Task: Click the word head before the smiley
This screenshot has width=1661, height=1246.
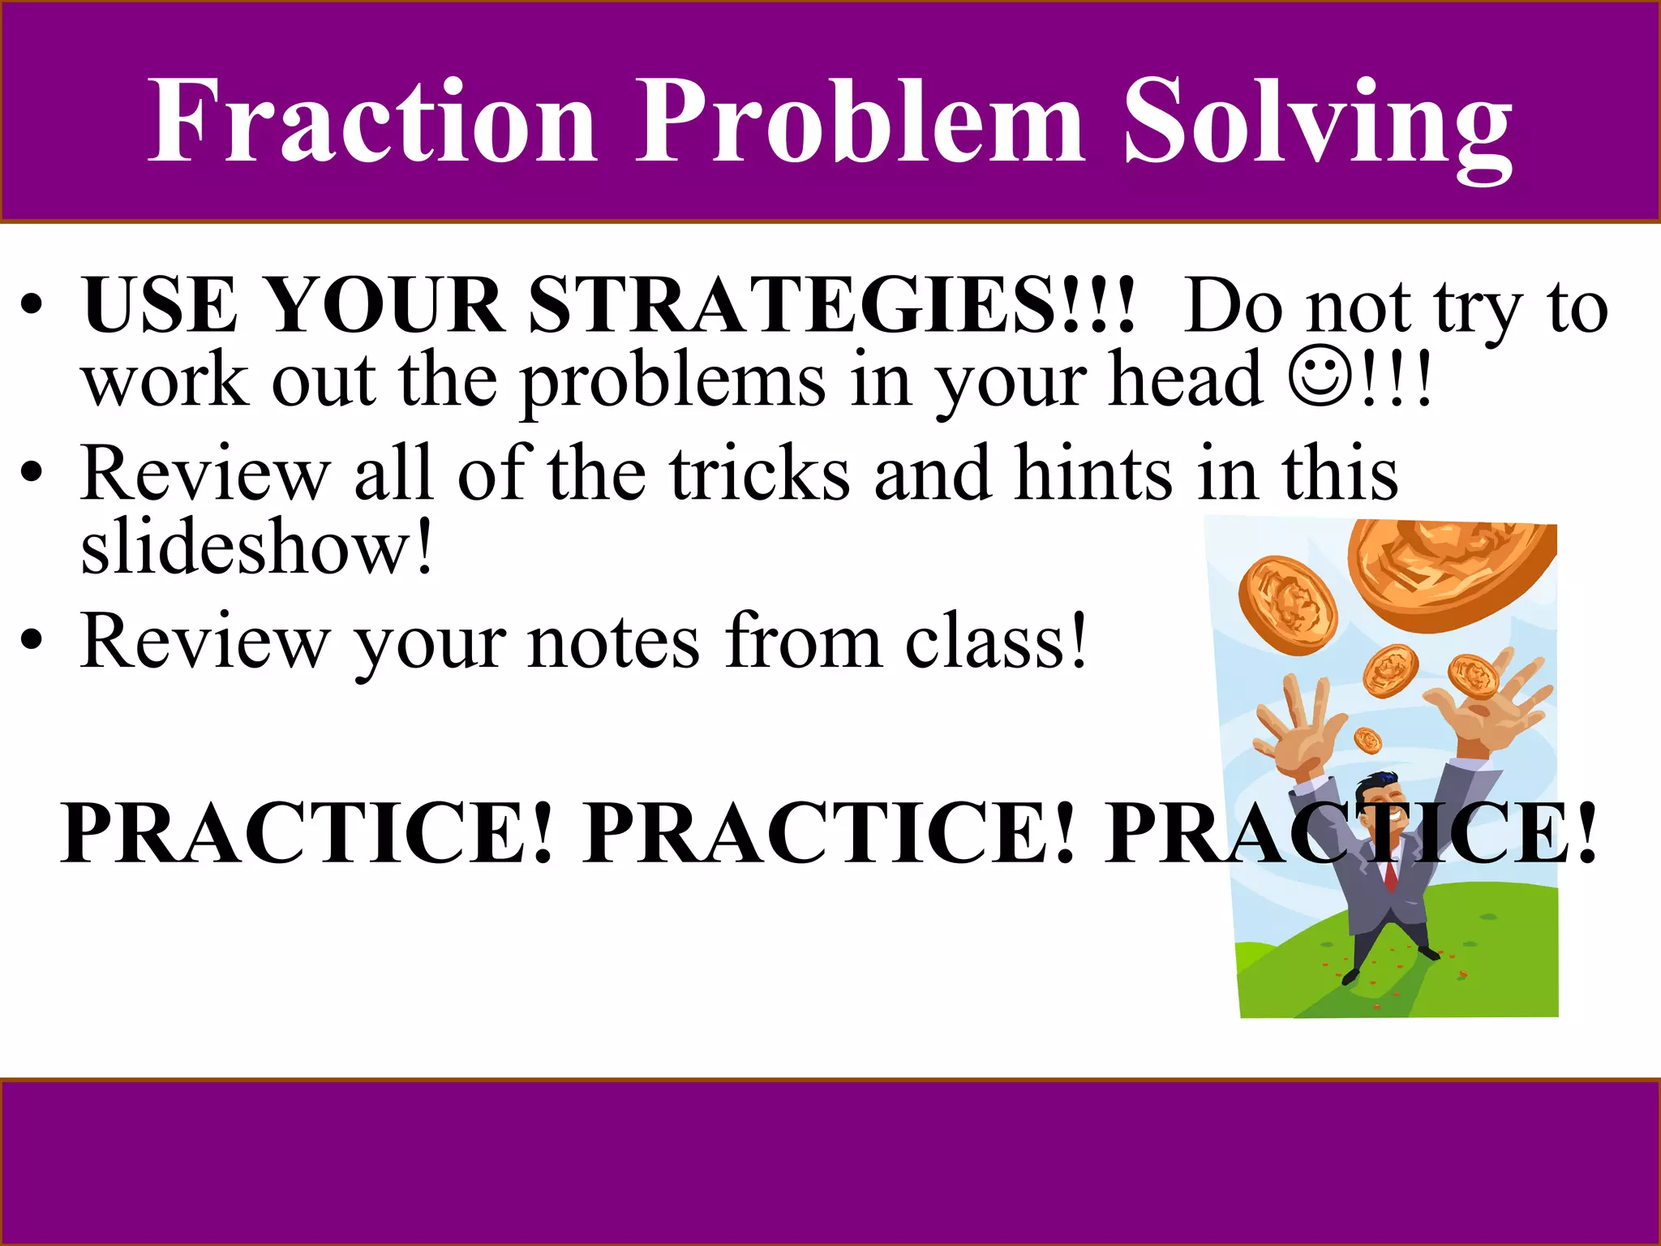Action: click(1185, 379)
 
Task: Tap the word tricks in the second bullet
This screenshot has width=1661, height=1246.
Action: click(759, 474)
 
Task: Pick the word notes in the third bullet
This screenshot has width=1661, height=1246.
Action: click(613, 642)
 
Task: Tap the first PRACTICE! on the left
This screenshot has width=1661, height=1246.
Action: click(308, 833)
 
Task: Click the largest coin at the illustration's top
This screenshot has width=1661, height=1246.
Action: click(1452, 574)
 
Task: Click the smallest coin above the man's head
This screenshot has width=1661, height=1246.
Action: click(1368, 740)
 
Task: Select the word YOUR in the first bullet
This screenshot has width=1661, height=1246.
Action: click(384, 307)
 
